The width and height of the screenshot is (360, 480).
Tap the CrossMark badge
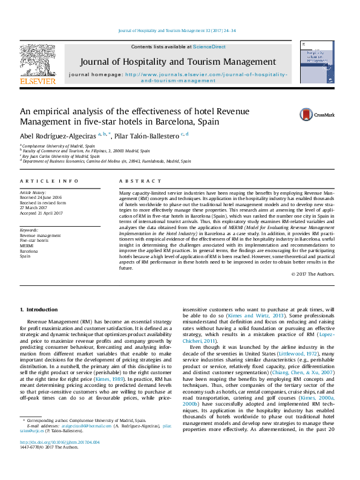coord(311,114)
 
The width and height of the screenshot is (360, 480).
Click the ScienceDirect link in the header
coord(209,47)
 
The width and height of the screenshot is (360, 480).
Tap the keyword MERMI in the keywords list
coord(28,246)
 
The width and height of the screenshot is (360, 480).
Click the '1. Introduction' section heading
coord(39,310)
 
